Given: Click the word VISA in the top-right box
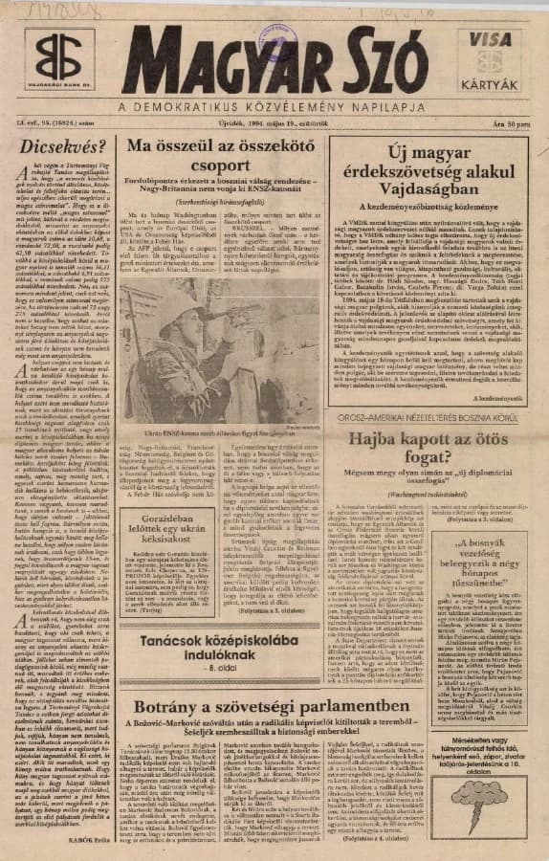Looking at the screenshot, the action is [491, 40].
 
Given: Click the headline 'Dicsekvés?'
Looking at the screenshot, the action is [63, 147].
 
